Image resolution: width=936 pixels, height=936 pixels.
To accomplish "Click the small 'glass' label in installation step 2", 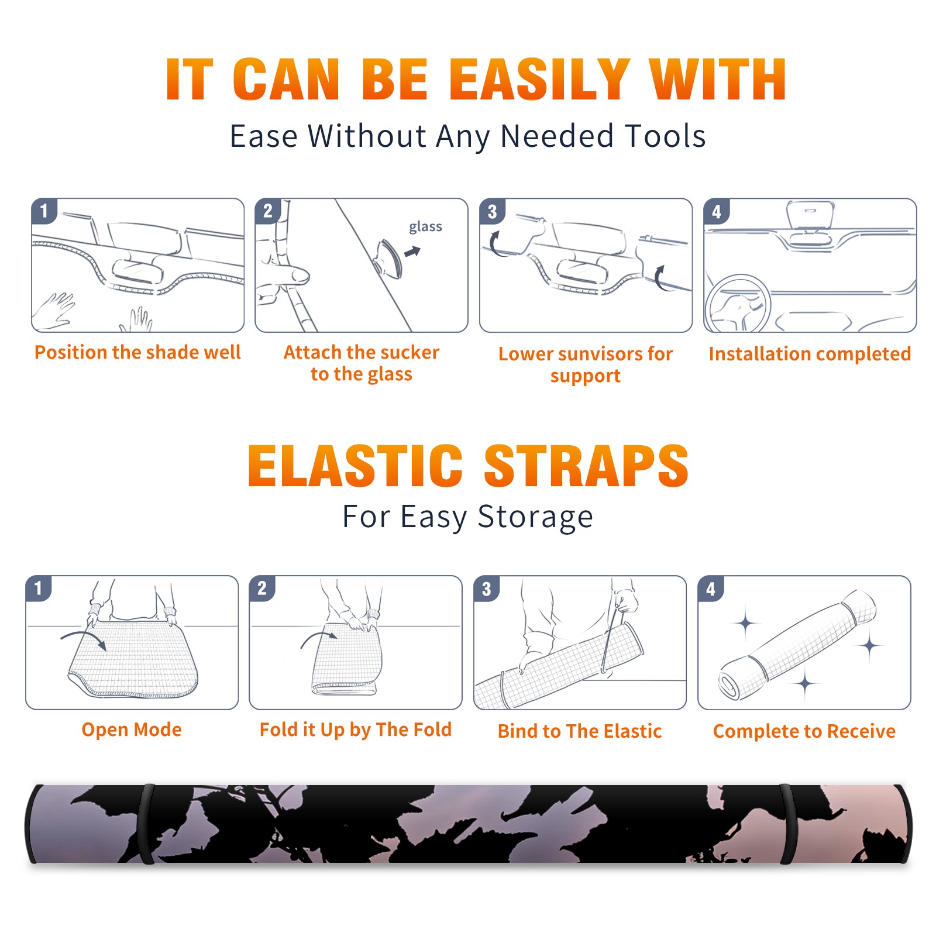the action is [x=425, y=227].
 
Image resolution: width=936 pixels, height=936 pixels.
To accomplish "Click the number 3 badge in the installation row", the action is [x=492, y=211].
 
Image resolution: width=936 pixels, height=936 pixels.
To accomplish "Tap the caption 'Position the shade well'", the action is [x=137, y=352].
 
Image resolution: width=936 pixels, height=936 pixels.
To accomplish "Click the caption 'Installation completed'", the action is [x=810, y=354].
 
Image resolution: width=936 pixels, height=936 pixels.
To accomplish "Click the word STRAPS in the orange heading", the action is [x=586, y=466].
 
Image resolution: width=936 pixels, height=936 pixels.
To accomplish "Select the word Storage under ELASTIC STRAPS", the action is [x=535, y=517].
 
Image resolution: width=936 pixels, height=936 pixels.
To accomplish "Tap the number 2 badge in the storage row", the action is [x=261, y=589].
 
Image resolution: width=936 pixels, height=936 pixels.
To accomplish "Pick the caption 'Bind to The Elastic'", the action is [x=580, y=731].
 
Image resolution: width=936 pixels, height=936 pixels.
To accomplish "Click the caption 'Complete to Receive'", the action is [x=804, y=731].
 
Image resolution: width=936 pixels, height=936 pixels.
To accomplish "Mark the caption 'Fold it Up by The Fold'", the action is [x=356, y=729].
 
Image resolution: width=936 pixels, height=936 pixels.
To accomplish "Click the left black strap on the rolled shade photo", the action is [x=146, y=824].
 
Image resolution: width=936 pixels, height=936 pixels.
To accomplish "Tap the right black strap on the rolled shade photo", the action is [x=789, y=824].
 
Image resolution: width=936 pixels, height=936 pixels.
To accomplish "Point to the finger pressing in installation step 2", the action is [x=290, y=274].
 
